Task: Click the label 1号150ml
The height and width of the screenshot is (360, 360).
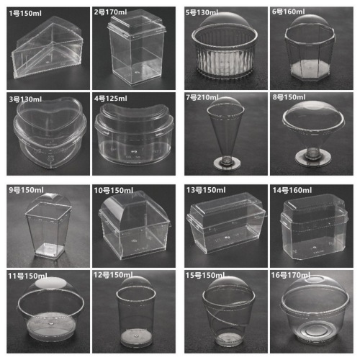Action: pos(26,12)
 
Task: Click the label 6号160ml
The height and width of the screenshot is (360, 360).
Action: pos(292,12)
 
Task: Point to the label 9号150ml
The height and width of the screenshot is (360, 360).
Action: pos(26,191)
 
